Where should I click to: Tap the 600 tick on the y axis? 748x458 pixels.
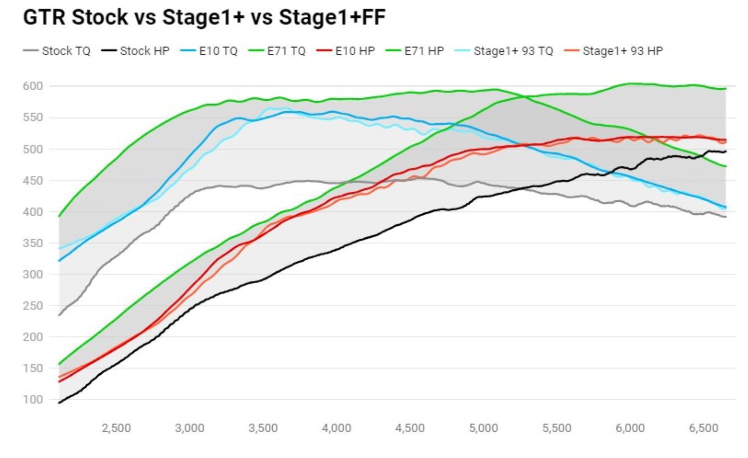coord(33,86)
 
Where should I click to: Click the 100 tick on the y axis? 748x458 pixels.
coord(33,400)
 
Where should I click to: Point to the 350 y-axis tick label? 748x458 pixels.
coord(33,243)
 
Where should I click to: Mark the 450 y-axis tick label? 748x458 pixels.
coord(33,180)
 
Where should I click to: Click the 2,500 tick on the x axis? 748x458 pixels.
coord(116,428)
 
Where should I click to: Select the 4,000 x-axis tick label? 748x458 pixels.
coord(337,428)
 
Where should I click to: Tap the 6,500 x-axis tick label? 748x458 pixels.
coord(704,428)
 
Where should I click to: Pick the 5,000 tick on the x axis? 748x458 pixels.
coord(484,428)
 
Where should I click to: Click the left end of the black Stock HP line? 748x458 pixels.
coord(59,403)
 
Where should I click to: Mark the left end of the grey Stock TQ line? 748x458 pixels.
coord(59,315)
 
